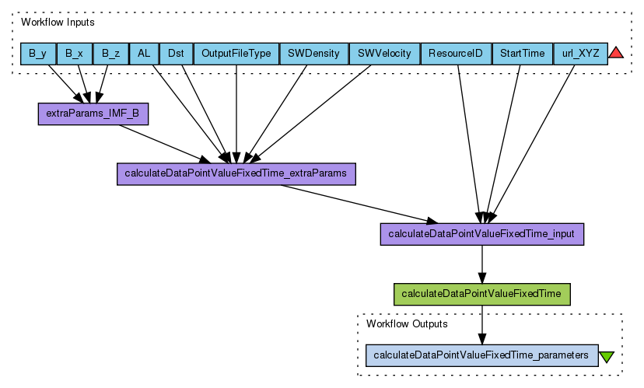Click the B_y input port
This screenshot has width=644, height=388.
click(38, 54)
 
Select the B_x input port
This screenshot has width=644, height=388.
click(75, 54)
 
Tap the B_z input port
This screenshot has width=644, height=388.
click(110, 54)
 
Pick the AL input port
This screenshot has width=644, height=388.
click(144, 54)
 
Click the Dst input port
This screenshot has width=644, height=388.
click(176, 54)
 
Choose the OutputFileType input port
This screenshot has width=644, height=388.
click(236, 54)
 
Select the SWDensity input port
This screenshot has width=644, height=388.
click(313, 54)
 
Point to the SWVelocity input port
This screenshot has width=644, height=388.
click(384, 54)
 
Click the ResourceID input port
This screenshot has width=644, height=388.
click(456, 54)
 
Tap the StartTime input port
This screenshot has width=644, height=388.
click(522, 54)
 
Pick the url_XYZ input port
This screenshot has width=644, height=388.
click(579, 54)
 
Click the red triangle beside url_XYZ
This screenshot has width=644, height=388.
click(616, 54)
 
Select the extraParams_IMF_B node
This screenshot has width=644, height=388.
click(93, 114)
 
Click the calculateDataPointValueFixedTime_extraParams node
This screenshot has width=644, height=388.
click(236, 173)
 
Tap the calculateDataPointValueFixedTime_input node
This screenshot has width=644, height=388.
click(481, 233)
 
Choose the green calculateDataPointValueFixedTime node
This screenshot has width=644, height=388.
click(482, 294)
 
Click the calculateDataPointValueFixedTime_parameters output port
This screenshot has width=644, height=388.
click(481, 355)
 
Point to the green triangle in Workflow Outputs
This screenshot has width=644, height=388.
click(607, 356)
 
